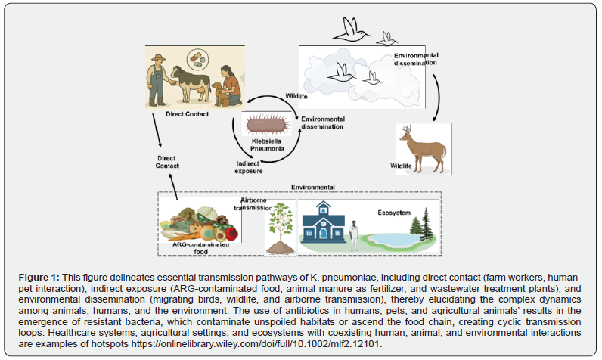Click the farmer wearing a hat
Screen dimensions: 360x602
click(159, 76)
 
